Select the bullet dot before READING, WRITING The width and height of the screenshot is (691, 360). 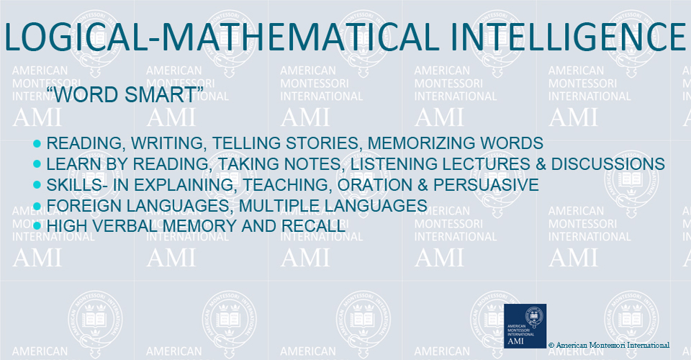(x=37, y=144)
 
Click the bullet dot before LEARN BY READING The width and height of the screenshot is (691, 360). (x=37, y=164)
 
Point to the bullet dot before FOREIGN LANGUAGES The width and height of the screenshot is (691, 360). (x=37, y=206)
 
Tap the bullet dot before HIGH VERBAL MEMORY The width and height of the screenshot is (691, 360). (x=37, y=226)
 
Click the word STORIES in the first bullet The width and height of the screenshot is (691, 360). (x=324, y=143)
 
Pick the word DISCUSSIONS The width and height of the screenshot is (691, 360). (x=608, y=164)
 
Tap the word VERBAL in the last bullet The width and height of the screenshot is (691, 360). (x=125, y=226)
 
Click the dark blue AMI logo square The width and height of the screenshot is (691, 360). (x=525, y=326)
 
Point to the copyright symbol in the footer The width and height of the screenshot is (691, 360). (x=551, y=346)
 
